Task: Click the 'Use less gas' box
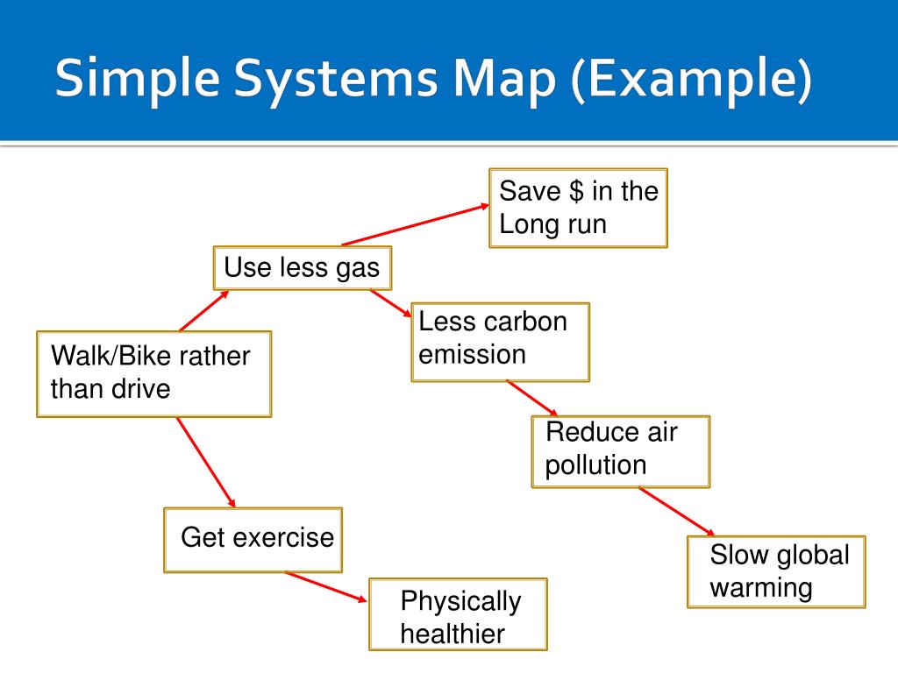pos(302,268)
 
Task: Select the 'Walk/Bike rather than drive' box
pos(153,373)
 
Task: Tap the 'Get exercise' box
pos(253,539)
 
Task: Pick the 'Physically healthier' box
pos(458,614)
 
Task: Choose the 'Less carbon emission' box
pos(500,342)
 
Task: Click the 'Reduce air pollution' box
pos(620,450)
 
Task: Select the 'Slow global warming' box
pos(776,571)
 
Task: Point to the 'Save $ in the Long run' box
pos(578,209)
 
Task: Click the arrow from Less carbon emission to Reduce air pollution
pos(532,398)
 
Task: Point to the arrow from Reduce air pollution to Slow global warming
pos(676,511)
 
